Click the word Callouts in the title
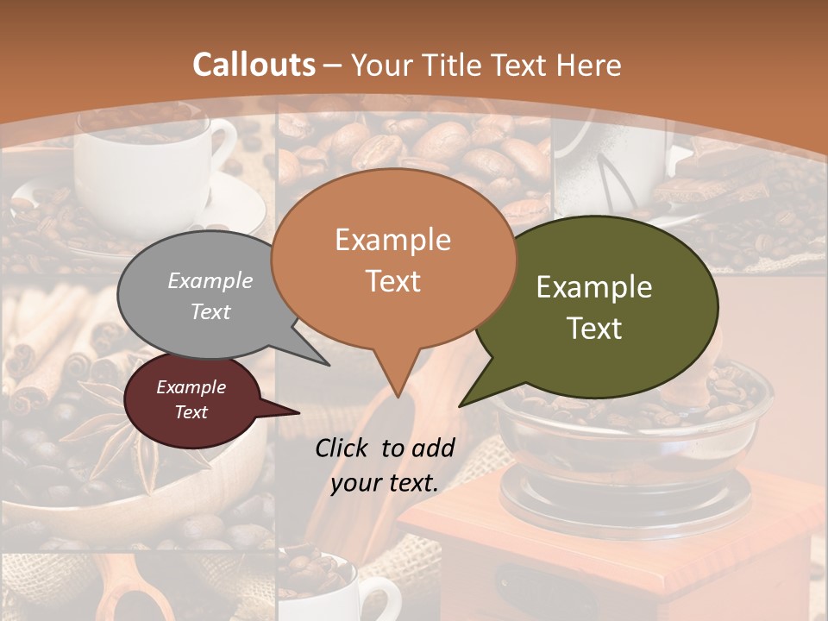[254, 65]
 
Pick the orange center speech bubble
[392, 259]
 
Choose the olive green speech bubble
[595, 306]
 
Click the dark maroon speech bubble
[191, 400]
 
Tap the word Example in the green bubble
[594, 287]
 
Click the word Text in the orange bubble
[392, 281]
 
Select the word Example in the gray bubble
[210, 280]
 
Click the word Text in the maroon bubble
[191, 412]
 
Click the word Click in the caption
[343, 447]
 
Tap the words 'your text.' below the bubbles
[384, 483]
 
